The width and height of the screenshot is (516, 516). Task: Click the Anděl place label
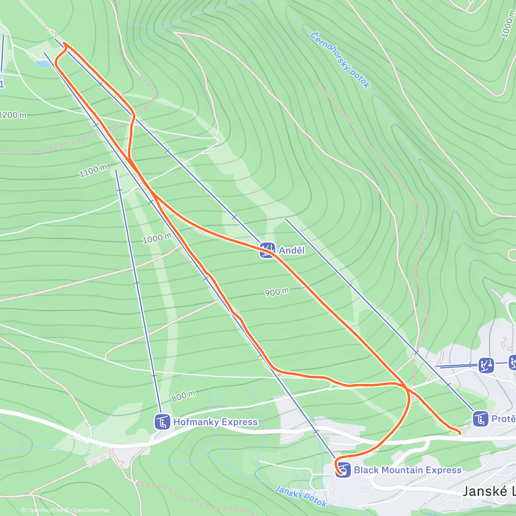point(292,250)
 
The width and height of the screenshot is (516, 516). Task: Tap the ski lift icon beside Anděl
point(267,250)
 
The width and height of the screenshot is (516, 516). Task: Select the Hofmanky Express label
point(215,422)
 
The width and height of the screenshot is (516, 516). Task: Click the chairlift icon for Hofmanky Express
point(163,422)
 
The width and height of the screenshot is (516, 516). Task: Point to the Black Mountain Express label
point(407,470)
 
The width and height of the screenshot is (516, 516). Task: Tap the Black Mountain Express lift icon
point(343,470)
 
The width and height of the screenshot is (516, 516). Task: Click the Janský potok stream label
point(301,496)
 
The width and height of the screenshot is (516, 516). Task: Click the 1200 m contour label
point(13,115)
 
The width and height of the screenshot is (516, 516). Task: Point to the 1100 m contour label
point(93,171)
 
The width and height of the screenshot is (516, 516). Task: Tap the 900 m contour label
point(276,292)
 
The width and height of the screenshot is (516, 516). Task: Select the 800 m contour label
point(183,396)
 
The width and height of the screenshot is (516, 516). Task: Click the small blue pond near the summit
point(43,64)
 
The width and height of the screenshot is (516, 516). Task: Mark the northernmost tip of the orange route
point(64,43)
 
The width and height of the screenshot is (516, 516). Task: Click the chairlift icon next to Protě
point(480,418)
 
